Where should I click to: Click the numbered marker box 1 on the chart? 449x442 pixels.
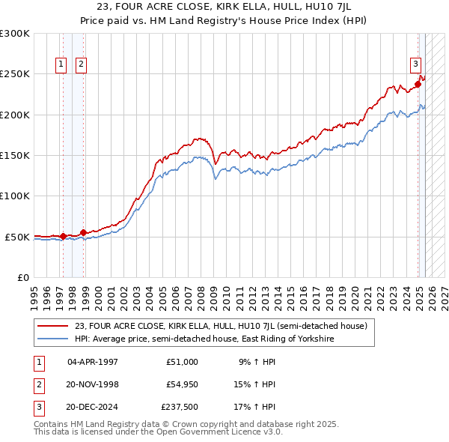pyautogui.click(x=60, y=64)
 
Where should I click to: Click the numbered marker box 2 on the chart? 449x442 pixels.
pyautogui.click(x=81, y=64)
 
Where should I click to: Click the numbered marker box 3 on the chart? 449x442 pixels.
pyautogui.click(x=415, y=64)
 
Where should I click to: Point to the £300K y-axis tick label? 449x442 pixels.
pyautogui.click(x=15, y=34)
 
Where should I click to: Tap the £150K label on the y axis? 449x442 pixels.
pyautogui.click(x=15, y=156)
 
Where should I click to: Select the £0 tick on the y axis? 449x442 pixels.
pyautogui.click(x=22, y=277)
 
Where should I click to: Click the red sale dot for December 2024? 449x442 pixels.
pyautogui.click(x=418, y=84)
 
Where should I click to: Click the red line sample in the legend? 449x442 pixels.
pyautogui.click(x=52, y=327)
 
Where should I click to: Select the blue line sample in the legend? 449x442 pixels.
pyautogui.click(x=52, y=339)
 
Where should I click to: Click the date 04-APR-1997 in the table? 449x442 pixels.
pyautogui.click(x=93, y=362)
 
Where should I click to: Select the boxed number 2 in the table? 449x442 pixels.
pyautogui.click(x=37, y=384)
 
